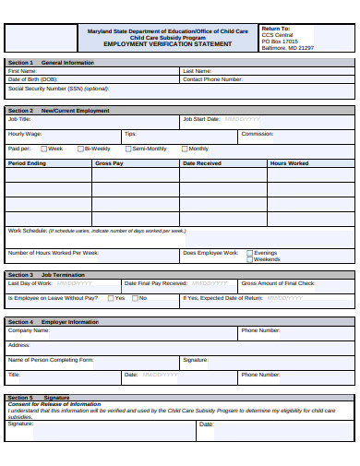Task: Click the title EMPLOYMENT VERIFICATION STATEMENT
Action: point(168,44)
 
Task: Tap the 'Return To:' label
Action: point(275,29)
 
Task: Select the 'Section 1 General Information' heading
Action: point(51,62)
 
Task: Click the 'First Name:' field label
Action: point(22,71)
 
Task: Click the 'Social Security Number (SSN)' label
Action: point(58,89)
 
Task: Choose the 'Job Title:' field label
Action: point(19,119)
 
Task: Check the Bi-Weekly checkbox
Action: point(81,149)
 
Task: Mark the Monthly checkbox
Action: point(185,149)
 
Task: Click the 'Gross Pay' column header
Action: point(109,163)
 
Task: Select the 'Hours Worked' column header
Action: point(289,163)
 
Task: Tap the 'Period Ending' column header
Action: point(27,163)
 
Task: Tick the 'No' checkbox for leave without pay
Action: point(135,298)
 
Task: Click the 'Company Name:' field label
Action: point(29,330)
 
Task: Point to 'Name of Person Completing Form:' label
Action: point(51,360)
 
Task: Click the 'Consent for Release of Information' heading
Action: point(54,404)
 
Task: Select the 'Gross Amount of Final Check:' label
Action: point(278,283)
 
